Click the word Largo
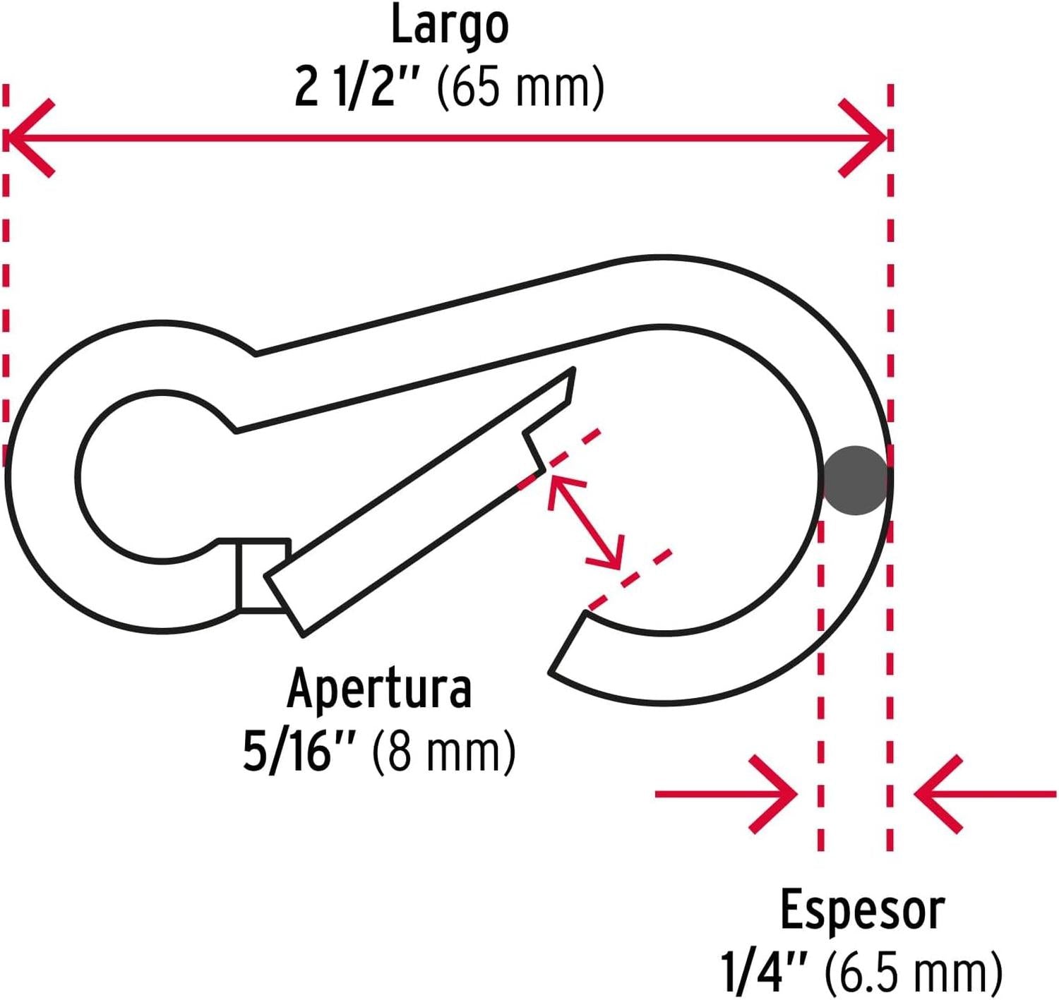[450, 25]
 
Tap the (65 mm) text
[521, 88]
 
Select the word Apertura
[379, 688]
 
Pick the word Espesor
[862, 910]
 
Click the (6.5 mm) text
[914, 972]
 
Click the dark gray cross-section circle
[856, 481]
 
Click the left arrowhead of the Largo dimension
[28, 138]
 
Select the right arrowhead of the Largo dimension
[865, 138]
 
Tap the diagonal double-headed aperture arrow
[586, 522]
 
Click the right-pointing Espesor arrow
[727, 794]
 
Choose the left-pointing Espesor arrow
[985, 794]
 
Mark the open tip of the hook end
[568, 646]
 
